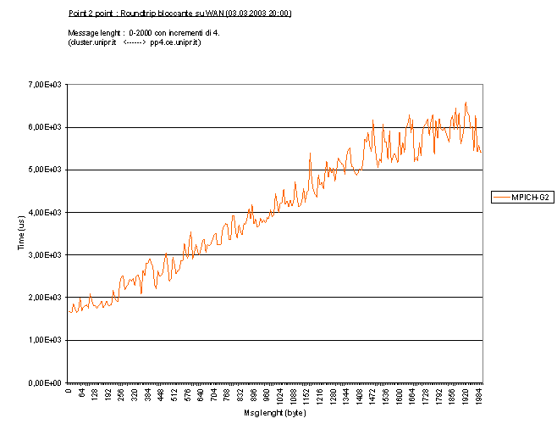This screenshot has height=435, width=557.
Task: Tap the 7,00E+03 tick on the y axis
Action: pos(46,84)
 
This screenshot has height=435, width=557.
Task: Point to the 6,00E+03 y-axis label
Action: pos(46,127)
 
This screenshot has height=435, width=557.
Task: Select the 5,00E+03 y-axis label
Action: pos(46,170)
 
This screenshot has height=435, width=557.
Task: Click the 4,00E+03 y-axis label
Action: pos(46,212)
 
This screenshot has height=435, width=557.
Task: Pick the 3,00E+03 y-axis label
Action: pos(46,255)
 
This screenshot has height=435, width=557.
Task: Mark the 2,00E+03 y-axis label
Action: pos(46,298)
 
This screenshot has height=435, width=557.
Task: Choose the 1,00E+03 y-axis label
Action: pos(46,340)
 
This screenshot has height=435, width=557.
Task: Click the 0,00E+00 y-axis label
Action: pos(46,383)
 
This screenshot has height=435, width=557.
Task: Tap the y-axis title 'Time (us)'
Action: pos(19,233)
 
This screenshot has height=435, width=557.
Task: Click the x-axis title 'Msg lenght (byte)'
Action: pos(274,414)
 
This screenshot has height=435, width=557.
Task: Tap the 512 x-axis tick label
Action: pos(175,393)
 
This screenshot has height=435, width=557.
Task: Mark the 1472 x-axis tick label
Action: pos(374,395)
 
